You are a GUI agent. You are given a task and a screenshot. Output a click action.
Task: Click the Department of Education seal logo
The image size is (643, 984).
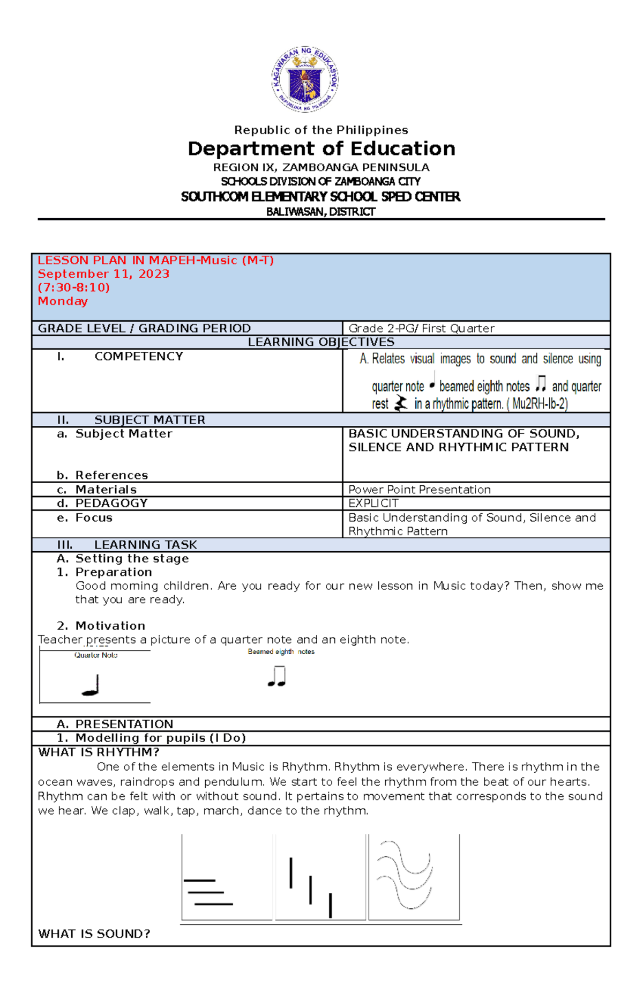pyautogui.click(x=305, y=79)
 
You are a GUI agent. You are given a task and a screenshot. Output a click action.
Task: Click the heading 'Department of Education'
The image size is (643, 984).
pyautogui.click(x=322, y=149)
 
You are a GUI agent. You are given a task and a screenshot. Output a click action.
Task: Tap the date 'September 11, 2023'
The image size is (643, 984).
pyautogui.click(x=103, y=274)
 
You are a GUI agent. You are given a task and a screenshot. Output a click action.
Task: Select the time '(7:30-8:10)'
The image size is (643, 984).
pyautogui.click(x=74, y=287)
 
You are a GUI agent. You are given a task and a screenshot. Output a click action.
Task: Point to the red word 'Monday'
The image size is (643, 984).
pyautogui.click(x=63, y=301)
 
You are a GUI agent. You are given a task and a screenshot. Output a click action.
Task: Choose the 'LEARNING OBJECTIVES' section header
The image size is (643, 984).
pyautogui.click(x=321, y=342)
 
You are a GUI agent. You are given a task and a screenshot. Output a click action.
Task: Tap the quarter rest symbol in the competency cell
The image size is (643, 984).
pyautogui.click(x=401, y=403)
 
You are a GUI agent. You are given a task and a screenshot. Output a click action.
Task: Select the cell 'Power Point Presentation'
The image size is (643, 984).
pyautogui.click(x=420, y=490)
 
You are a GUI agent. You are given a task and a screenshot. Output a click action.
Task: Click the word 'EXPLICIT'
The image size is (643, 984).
pyautogui.click(x=373, y=504)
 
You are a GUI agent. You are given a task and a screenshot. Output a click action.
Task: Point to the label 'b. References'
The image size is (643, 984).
pyautogui.click(x=102, y=475)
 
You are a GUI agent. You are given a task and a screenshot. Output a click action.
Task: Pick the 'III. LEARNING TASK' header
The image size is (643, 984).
pyautogui.click(x=127, y=545)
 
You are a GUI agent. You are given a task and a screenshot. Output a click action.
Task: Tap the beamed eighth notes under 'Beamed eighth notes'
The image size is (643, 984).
pyautogui.click(x=277, y=677)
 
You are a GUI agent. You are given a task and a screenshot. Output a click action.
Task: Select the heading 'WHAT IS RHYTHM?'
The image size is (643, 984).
pyautogui.click(x=99, y=752)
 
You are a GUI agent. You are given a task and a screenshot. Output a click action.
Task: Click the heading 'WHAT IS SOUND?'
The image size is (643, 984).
pyautogui.click(x=94, y=934)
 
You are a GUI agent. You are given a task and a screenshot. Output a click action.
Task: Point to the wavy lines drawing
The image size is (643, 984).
pyautogui.click(x=405, y=875)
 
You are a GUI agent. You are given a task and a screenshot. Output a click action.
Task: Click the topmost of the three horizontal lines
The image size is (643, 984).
pyautogui.click(x=199, y=881)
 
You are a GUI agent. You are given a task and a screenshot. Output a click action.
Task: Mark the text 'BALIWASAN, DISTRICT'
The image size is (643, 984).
pyautogui.click(x=321, y=212)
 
